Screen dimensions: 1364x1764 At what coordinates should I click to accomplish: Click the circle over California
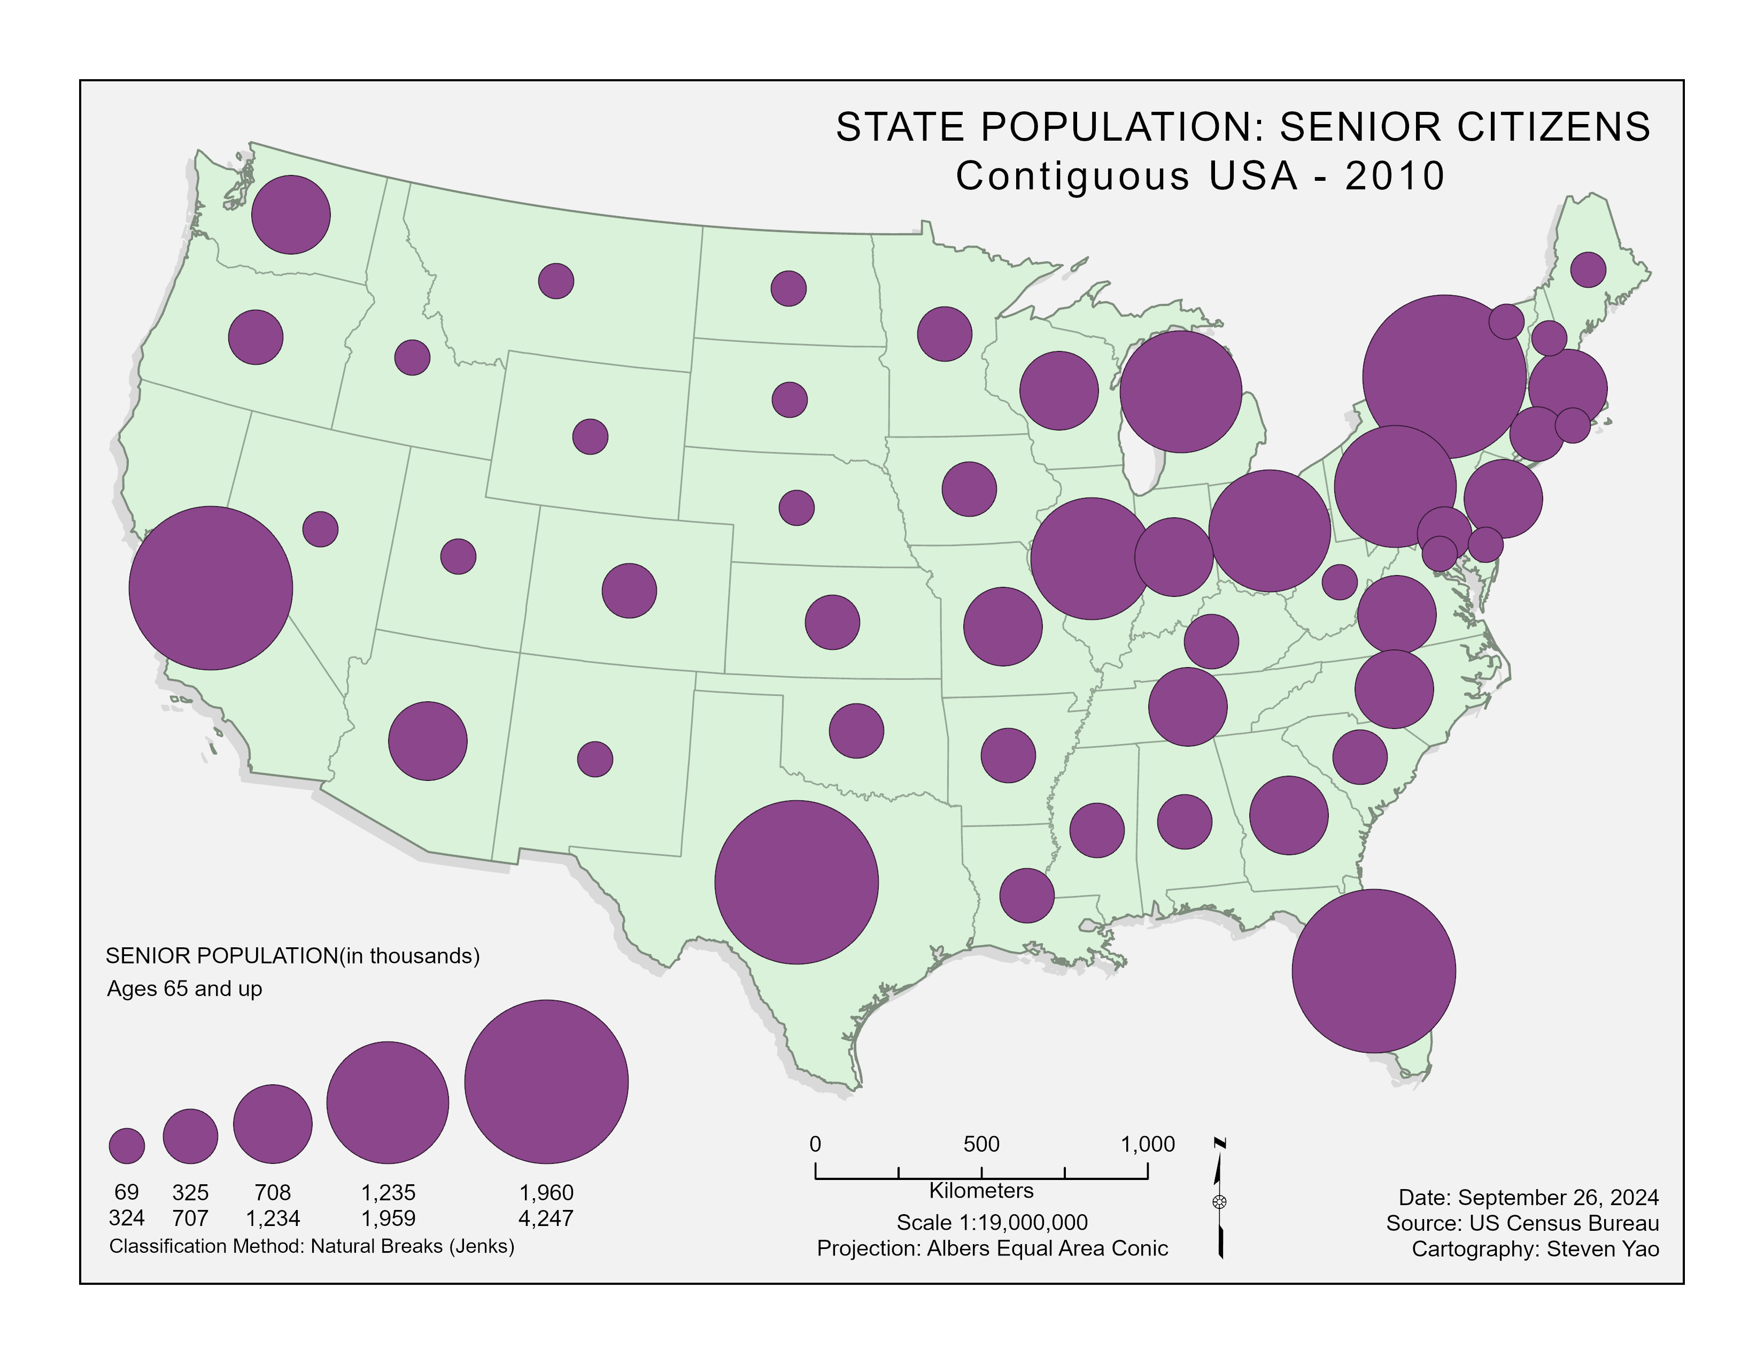[211, 588]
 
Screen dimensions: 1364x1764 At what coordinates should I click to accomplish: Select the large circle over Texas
[796, 883]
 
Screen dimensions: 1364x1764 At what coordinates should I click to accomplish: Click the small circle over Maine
[1588, 269]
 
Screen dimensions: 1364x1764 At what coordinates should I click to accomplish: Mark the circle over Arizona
[428, 741]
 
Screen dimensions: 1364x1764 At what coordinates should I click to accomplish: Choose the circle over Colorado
[629, 591]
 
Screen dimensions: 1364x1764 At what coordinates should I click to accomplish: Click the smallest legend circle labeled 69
[127, 1146]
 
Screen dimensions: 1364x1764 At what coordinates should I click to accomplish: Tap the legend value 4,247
[546, 1218]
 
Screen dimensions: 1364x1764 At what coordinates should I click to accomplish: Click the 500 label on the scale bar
[981, 1144]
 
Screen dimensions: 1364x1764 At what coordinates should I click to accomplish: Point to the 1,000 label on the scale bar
[1148, 1144]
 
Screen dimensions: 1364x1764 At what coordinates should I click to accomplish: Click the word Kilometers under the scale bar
[981, 1190]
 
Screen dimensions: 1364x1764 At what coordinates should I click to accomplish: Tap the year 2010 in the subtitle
[1395, 176]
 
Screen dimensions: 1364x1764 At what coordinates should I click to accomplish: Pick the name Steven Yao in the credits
[1603, 1249]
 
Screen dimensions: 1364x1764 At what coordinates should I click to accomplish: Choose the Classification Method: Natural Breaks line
[312, 1246]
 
